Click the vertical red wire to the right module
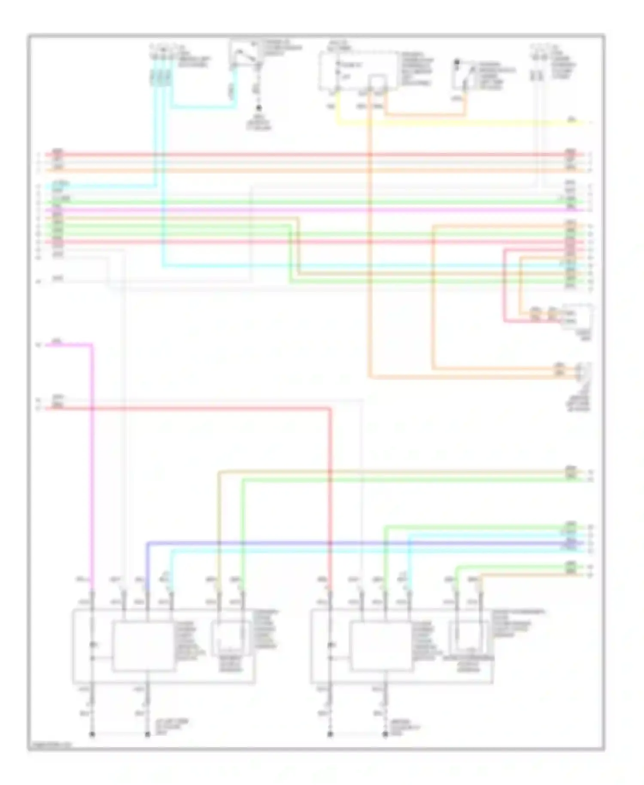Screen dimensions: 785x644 coord(330,494)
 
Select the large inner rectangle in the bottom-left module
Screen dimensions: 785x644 coord(143,646)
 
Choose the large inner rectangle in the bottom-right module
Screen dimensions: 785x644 coord(381,646)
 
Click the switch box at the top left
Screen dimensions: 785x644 coord(244,53)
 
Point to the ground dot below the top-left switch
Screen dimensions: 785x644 coord(258,109)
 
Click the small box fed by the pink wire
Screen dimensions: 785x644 coord(577,316)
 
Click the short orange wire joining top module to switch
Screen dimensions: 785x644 coord(425,115)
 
